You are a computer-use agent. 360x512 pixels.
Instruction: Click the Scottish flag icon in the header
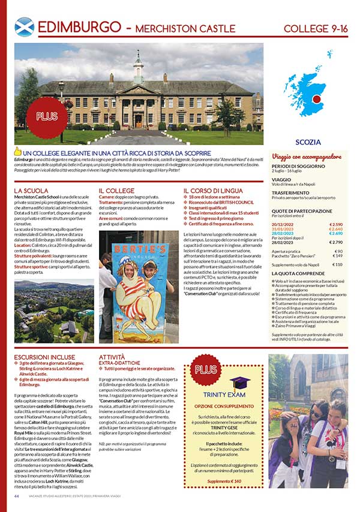click(24, 28)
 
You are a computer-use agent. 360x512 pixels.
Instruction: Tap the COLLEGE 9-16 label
click(315, 28)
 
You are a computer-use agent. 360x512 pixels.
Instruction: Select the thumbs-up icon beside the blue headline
click(18, 152)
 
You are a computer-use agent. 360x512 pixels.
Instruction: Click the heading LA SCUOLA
click(31, 191)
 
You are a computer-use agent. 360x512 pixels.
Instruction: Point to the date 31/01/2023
click(284, 228)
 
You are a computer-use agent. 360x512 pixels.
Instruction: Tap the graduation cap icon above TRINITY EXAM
click(238, 383)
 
